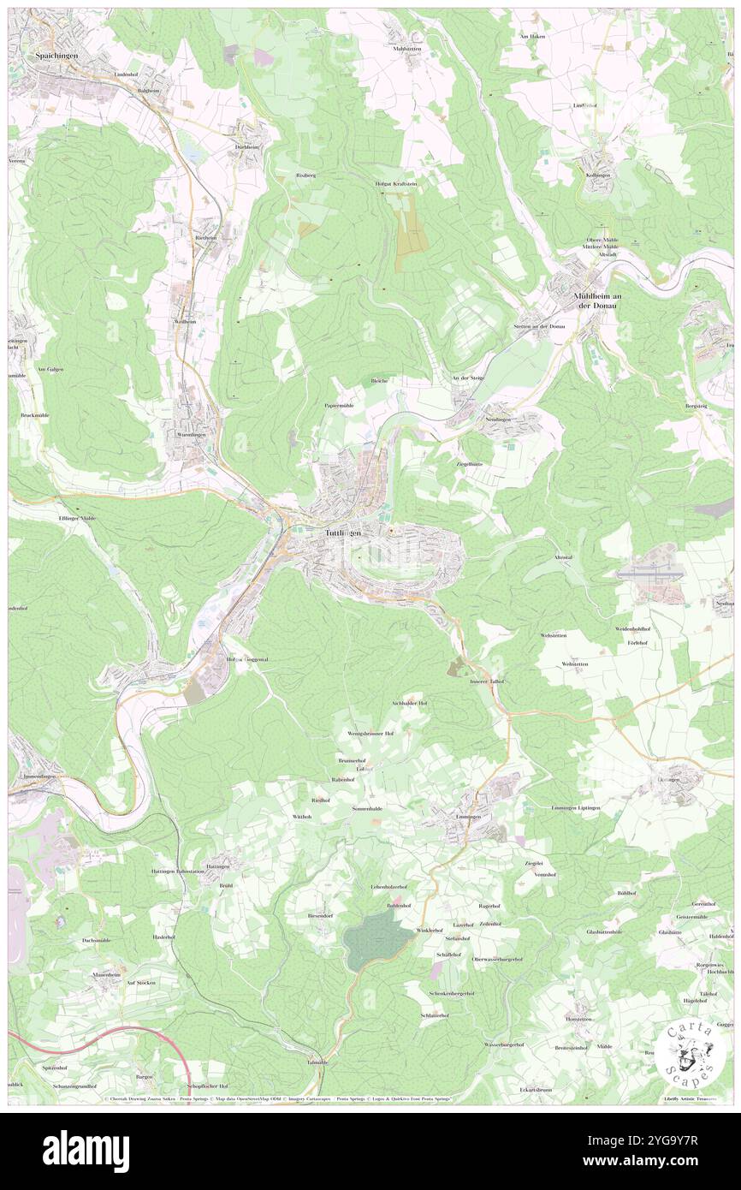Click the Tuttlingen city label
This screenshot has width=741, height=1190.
click(x=342, y=533)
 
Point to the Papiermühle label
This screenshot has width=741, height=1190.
click(x=339, y=405)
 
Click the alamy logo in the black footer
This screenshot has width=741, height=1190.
click(x=86, y=1150)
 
